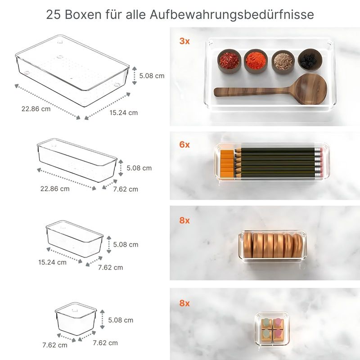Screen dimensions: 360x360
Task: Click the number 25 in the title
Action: [x=54, y=14]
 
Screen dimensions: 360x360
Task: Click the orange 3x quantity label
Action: [x=184, y=41]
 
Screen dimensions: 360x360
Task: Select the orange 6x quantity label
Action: [x=184, y=144]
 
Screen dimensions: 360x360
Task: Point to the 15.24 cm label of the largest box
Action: [x=123, y=112]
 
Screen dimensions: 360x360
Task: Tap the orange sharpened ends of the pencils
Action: [x=228, y=162]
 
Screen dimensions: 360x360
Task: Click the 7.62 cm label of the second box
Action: [x=126, y=189]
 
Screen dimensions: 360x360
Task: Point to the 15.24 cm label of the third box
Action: [x=52, y=262]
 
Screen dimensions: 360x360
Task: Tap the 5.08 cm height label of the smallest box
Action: [x=121, y=320]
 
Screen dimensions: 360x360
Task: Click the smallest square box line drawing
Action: [x=76, y=317]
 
